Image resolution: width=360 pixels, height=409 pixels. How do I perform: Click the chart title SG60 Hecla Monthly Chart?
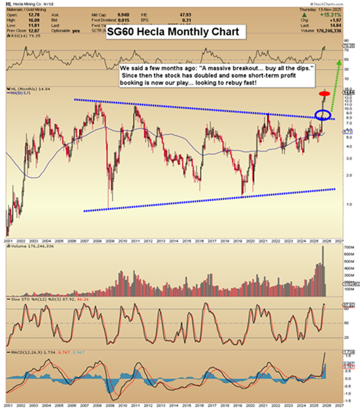[x=173, y=33]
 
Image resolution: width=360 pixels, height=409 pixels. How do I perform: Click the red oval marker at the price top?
[x=324, y=94]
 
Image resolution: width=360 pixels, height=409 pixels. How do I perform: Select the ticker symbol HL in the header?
[x=10, y=3]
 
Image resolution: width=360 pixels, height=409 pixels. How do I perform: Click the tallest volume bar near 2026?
[x=322, y=271]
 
